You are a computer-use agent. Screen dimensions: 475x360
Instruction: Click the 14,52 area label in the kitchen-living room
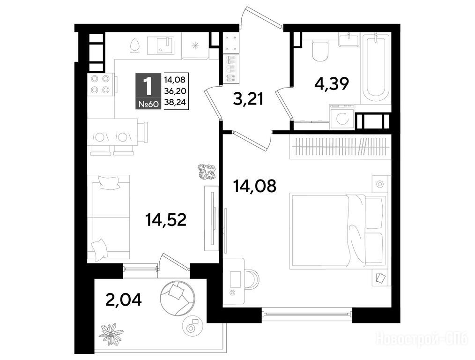click(166, 220)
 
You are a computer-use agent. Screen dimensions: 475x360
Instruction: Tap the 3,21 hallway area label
click(248, 99)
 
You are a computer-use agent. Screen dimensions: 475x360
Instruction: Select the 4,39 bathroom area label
click(332, 83)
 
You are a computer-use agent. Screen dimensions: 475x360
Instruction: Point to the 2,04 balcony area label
click(123, 300)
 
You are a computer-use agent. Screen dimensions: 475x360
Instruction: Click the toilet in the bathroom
click(320, 51)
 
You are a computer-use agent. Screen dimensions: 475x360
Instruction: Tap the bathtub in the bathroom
click(376, 69)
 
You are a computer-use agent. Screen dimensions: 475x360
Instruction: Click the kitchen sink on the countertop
click(161, 45)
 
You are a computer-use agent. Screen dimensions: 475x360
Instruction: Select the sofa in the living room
click(109, 218)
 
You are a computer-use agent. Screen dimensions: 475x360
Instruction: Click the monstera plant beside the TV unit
click(207, 172)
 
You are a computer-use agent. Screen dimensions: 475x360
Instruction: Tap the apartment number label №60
click(148, 105)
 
